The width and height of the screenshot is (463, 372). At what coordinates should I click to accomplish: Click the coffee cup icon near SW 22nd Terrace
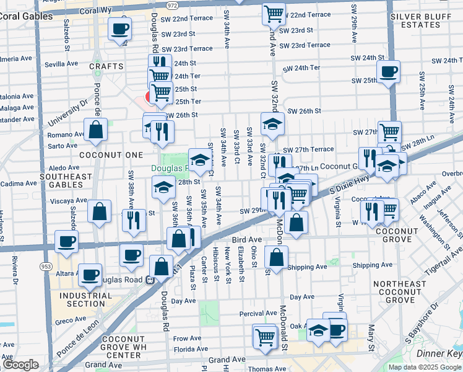point(119,28)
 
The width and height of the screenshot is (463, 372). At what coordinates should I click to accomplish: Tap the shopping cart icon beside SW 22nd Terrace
point(274,14)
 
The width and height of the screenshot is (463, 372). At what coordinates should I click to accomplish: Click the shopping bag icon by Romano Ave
point(95,130)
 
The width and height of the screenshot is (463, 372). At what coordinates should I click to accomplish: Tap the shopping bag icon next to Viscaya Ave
point(99,211)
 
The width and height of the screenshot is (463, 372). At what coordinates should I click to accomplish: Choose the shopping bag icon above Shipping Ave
point(276,257)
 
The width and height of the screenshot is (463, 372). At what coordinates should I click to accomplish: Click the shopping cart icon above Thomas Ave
point(265,337)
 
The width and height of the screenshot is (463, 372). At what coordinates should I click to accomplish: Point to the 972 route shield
point(172,5)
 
